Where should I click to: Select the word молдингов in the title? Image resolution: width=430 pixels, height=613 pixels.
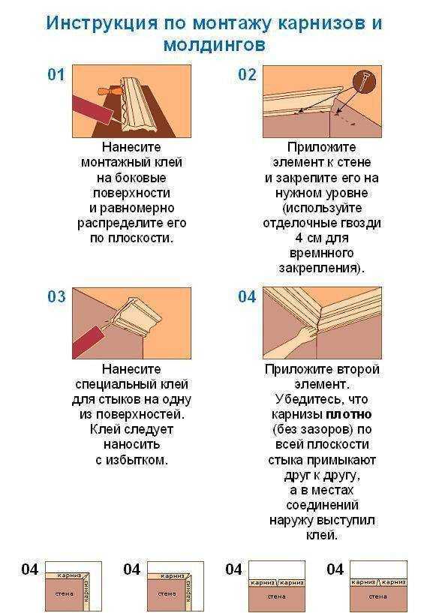(x=215, y=45)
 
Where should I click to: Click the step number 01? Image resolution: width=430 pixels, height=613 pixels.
(x=56, y=74)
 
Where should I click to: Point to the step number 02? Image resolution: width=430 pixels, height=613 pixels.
(x=247, y=74)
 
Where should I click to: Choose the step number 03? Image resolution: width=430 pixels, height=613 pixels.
(x=56, y=296)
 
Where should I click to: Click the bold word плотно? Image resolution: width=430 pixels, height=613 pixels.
(x=349, y=414)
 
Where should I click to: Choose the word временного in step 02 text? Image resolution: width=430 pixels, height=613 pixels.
(x=322, y=253)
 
